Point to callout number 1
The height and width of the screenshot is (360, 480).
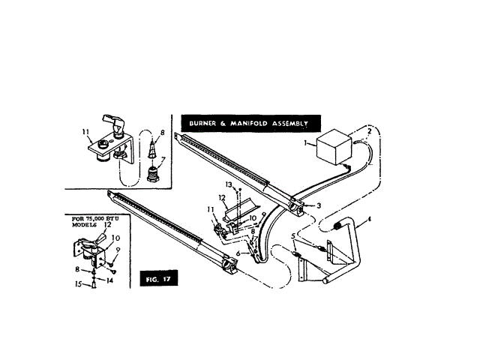(x=304, y=142)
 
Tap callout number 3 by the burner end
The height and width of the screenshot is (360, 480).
(x=319, y=205)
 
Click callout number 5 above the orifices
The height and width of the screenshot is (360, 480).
(x=293, y=238)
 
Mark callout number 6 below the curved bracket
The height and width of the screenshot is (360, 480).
(x=238, y=255)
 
